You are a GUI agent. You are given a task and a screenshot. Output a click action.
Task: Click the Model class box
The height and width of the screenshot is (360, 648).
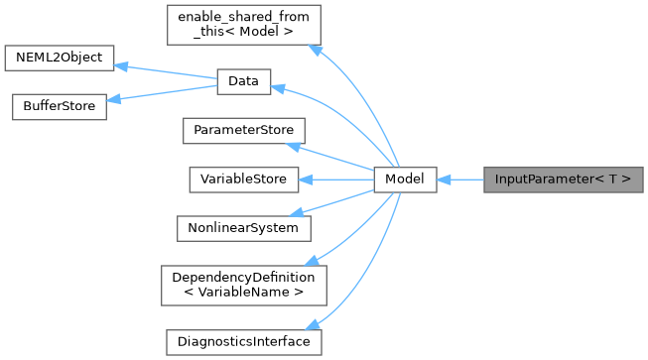click(x=405, y=180)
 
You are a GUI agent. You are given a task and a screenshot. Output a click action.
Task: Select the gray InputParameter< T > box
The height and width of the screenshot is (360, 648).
click(x=563, y=180)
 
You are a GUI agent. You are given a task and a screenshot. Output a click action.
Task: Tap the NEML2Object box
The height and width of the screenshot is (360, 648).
click(x=60, y=57)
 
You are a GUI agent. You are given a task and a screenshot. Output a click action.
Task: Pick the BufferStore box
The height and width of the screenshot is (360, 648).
click(x=57, y=106)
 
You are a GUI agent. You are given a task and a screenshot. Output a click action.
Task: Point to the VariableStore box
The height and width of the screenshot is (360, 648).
click(x=244, y=180)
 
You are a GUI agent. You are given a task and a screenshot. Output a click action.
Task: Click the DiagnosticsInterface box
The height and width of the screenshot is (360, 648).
click(x=243, y=341)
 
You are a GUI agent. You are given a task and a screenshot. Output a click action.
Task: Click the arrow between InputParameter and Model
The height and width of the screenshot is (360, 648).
click(x=459, y=180)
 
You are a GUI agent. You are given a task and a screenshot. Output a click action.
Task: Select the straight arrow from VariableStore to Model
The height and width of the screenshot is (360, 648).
click(x=337, y=180)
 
